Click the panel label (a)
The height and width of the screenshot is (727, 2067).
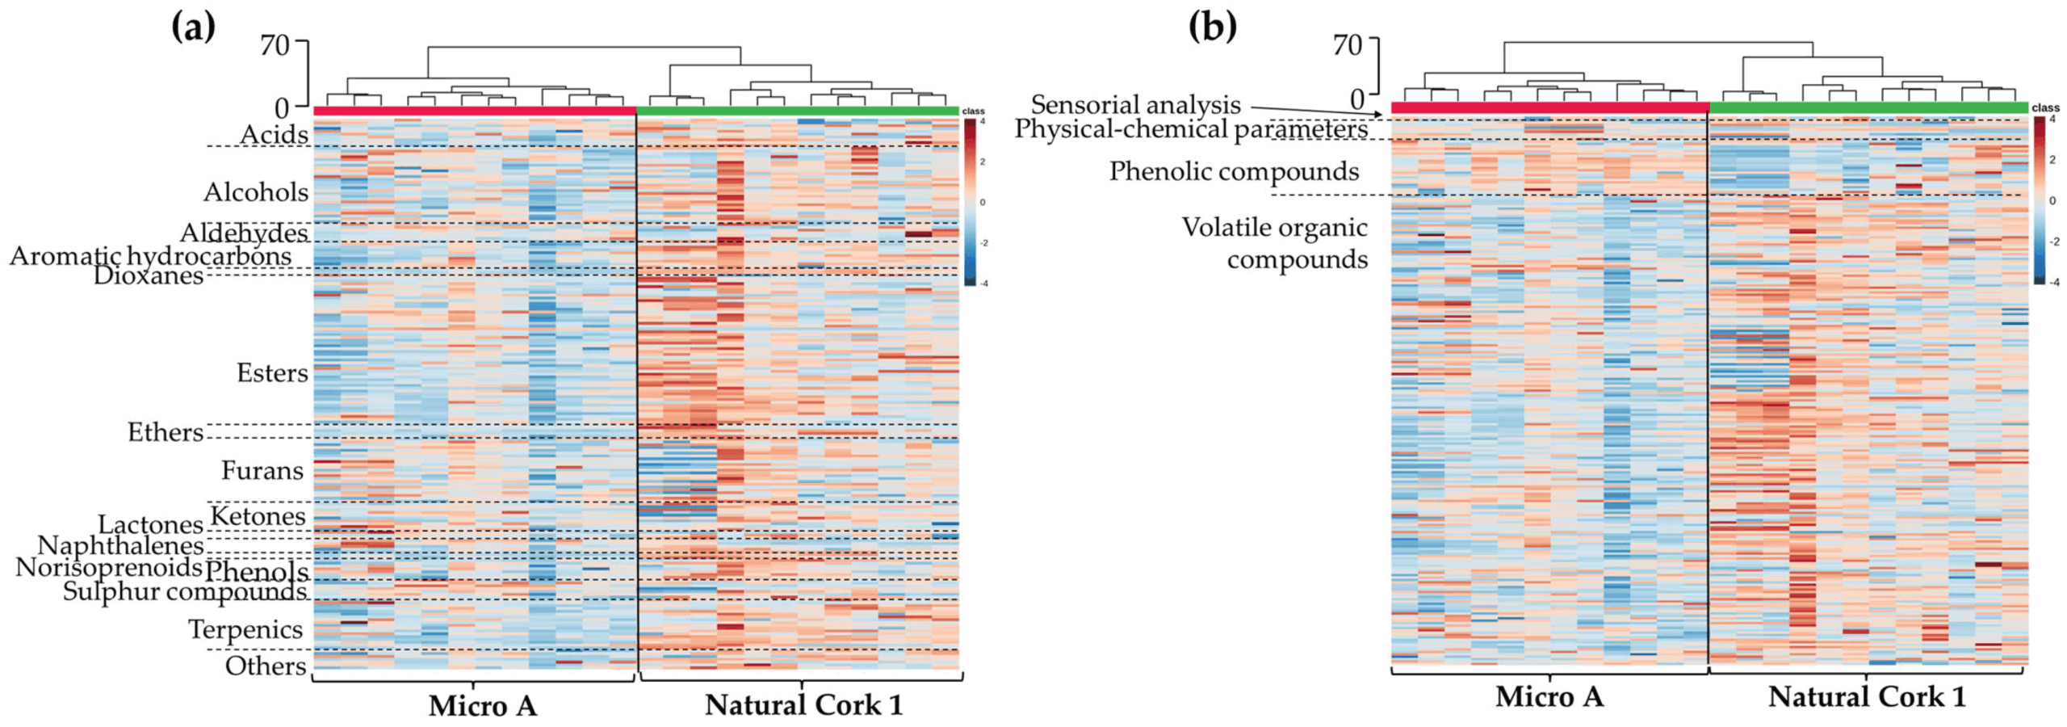point(193,27)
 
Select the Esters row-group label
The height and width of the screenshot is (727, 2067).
point(272,373)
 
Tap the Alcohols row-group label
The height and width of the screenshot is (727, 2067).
point(256,192)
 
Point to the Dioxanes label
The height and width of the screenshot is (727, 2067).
point(149,276)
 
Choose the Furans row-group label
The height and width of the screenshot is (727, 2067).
point(262,470)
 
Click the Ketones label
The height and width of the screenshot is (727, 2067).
point(258,516)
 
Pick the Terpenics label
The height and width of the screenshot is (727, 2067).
point(245,629)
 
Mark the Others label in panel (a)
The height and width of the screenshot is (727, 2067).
point(266,666)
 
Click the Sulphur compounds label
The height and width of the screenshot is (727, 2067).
point(185,592)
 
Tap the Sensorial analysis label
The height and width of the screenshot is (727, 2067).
point(1135,105)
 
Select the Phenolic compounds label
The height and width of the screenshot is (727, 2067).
point(1234,171)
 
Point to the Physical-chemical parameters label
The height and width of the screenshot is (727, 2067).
point(1191,129)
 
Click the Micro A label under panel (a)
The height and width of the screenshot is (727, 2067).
point(482,706)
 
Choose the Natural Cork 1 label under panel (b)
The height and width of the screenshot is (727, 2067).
point(1867,697)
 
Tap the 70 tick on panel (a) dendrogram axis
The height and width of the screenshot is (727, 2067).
point(275,44)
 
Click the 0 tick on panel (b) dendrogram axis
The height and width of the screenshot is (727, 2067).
point(1358,99)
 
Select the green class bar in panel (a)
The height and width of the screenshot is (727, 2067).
point(798,111)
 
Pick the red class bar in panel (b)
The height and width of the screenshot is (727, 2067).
point(1549,108)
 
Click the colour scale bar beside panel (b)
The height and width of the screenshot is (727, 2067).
point(2039,200)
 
